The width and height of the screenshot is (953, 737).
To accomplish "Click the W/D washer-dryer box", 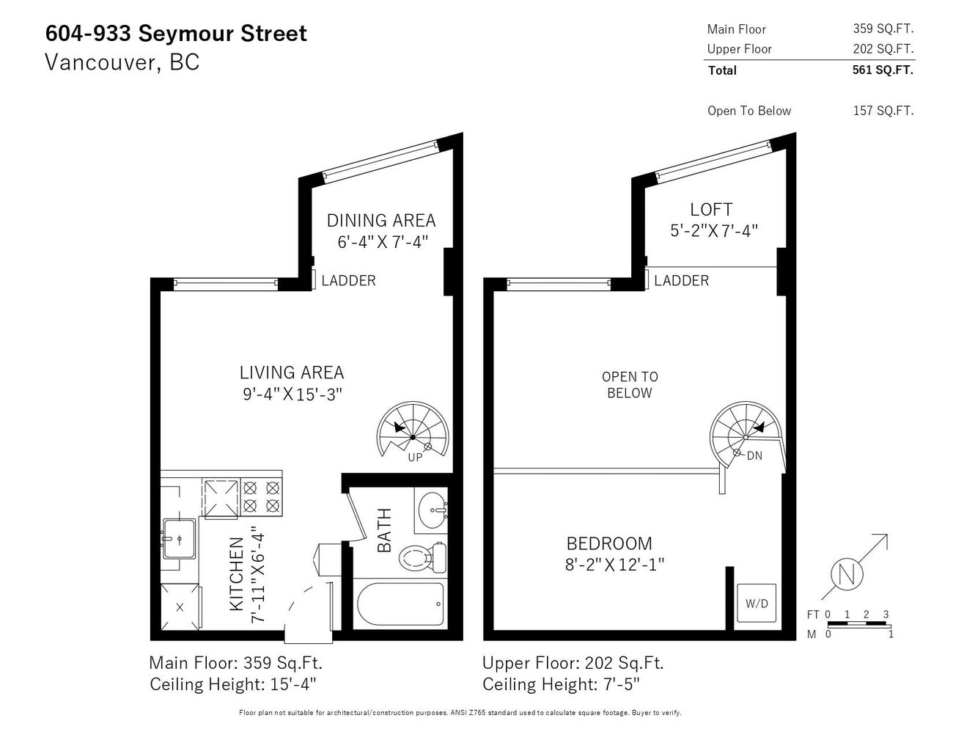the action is click(756, 603).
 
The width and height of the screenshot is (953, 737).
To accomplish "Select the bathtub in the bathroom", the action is click(400, 604).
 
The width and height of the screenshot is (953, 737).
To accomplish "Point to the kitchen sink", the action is click(179, 538).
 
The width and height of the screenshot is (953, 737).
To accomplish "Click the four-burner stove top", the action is click(262, 497).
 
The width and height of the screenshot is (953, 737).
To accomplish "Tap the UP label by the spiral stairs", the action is click(415, 458).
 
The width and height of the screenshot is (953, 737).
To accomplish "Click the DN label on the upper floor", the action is click(754, 456).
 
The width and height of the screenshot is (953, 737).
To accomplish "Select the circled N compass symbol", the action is click(847, 574).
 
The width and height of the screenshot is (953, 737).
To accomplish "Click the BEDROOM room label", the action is click(609, 543).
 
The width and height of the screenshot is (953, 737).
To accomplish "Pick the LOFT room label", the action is click(711, 209).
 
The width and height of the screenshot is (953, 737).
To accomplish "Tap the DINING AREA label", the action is click(381, 220).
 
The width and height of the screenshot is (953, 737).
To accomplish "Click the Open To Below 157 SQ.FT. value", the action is click(883, 111).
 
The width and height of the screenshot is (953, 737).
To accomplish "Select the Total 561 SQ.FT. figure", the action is click(883, 70).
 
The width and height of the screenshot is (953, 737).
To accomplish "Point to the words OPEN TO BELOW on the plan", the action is click(630, 385).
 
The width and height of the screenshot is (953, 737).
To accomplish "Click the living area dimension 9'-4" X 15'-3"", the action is click(292, 394).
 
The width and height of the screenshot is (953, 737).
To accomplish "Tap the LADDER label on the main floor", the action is click(348, 281).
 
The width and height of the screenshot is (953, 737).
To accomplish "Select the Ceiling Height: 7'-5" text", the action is click(561, 684).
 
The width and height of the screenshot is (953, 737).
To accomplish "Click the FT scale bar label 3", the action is click(886, 615).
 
